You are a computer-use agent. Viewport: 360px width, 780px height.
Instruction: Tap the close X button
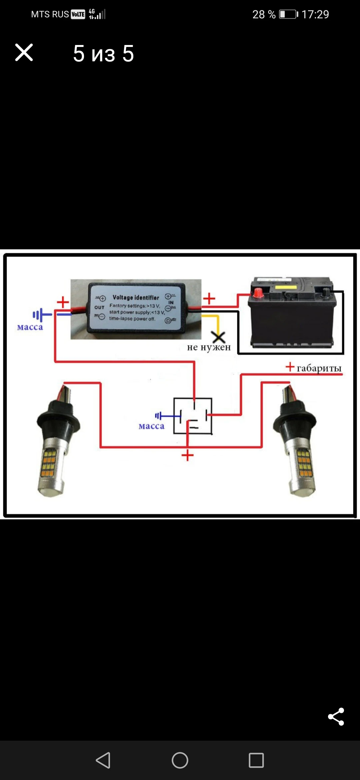(24, 53)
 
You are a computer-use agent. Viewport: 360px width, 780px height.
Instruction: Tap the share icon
(336, 716)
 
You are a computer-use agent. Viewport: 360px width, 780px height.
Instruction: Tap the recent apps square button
(256, 760)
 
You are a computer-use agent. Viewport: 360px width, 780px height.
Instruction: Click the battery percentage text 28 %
(264, 15)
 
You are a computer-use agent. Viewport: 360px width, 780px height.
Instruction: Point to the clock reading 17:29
(315, 15)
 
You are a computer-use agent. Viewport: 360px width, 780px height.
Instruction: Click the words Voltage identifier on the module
(136, 297)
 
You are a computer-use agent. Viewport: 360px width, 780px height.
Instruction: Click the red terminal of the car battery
(258, 293)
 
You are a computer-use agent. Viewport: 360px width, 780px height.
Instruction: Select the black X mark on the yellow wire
(219, 337)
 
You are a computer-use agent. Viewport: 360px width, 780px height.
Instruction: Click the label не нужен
(209, 347)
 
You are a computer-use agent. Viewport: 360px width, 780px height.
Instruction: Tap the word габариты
(319, 368)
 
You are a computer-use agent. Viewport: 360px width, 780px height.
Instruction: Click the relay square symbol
(193, 416)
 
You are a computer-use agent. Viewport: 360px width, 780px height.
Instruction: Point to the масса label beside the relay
(151, 426)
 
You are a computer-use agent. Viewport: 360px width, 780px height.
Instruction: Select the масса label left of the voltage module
(30, 327)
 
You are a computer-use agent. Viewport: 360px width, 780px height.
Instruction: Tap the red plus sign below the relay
(188, 455)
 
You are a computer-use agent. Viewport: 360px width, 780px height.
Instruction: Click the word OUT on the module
(99, 307)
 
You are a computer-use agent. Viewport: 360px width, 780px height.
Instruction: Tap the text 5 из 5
(103, 53)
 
